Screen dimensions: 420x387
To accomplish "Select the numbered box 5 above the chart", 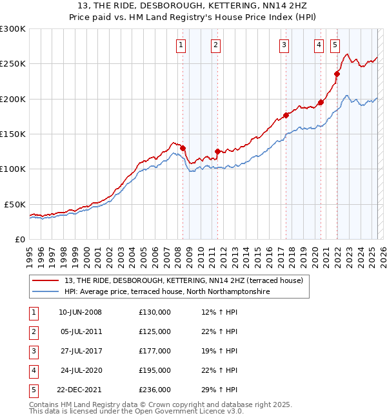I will pos(335,45).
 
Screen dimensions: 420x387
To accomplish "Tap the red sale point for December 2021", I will pos(337,74).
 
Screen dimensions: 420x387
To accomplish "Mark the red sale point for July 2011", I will pos(217,151).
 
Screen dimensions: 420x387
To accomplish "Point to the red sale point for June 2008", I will pos(183,148).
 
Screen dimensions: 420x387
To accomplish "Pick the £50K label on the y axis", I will pos(15,204).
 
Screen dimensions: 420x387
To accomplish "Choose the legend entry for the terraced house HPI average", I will pos(166,292).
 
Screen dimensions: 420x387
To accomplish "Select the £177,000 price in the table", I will pos(155,351).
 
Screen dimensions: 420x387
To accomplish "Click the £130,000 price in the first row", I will pos(155,312).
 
